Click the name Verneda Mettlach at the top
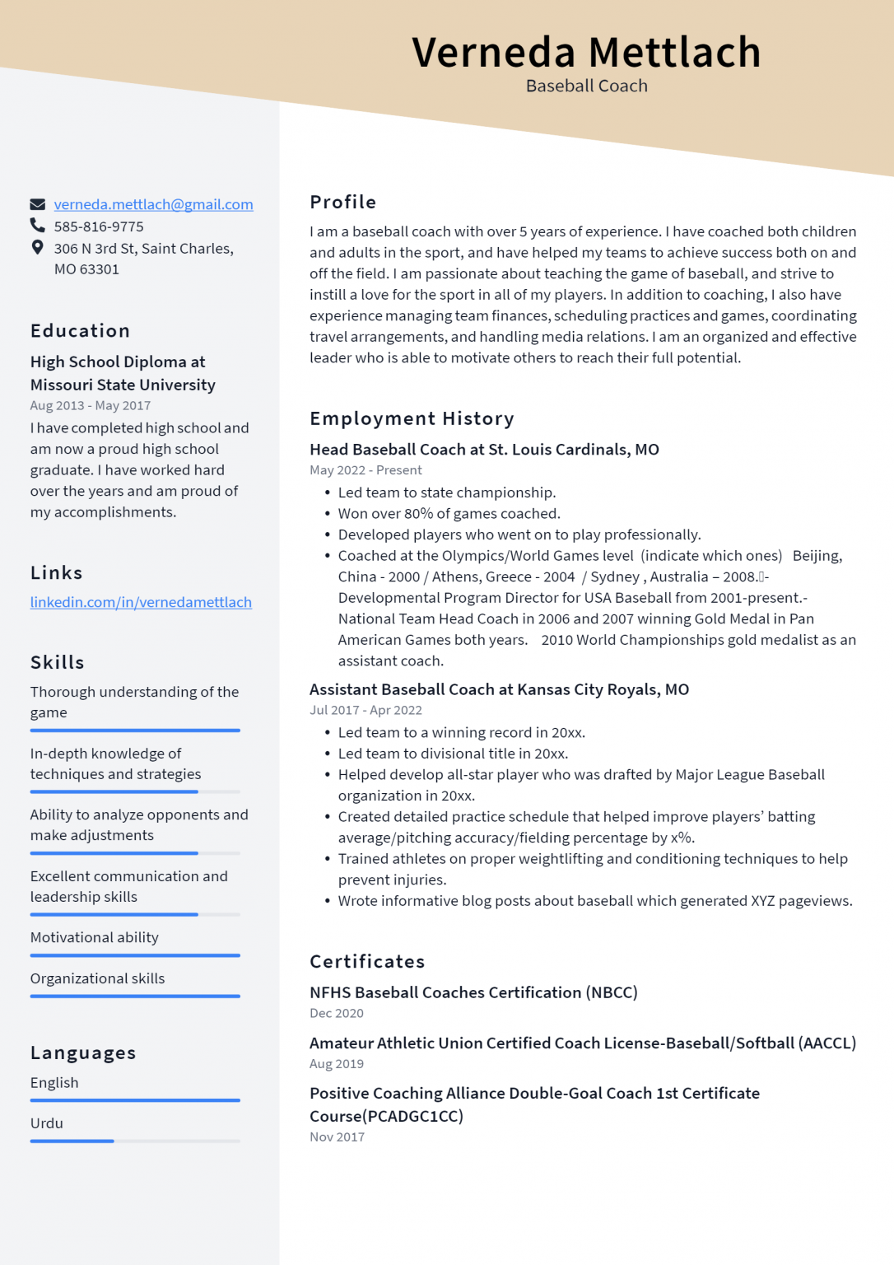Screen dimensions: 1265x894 [586, 52]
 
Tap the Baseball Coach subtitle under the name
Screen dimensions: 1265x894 [586, 86]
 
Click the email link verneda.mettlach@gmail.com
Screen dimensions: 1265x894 [153, 204]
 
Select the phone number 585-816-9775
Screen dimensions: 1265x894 [99, 226]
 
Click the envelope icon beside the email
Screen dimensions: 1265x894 [37, 204]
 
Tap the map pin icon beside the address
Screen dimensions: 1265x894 [37, 247]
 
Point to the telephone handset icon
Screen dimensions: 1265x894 [37, 225]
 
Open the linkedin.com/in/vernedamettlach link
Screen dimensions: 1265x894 [141, 602]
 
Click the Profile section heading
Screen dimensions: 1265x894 [342, 202]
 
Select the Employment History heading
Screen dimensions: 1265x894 [412, 418]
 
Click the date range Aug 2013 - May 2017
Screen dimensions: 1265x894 [91, 405]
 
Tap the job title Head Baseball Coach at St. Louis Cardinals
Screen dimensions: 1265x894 [484, 449]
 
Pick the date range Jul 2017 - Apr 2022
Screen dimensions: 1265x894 [366, 710]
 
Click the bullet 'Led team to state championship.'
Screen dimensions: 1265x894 [446, 492]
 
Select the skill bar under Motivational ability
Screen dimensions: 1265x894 [135, 955]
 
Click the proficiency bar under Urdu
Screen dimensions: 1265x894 [135, 1141]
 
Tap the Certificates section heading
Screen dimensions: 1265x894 [367, 961]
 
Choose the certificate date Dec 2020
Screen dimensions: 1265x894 [336, 1013]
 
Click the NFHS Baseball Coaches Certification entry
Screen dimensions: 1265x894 [473, 992]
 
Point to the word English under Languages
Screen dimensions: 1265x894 [54, 1082]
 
